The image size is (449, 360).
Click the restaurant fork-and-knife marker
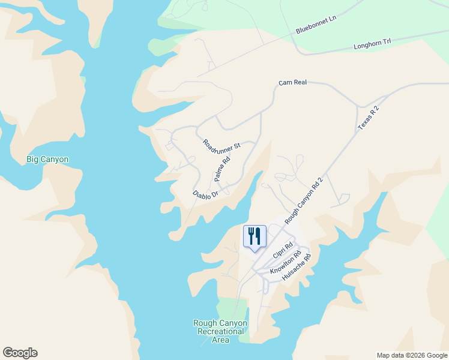(255, 236)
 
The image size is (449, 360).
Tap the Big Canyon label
(47, 160)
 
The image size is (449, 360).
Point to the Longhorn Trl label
(372, 44)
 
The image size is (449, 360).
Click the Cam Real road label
(293, 82)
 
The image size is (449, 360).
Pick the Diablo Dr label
(205, 194)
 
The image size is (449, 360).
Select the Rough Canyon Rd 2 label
(304, 201)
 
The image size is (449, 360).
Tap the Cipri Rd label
(283, 250)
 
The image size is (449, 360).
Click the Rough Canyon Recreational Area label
(220, 331)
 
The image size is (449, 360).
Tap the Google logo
(20, 353)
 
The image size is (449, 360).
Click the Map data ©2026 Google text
(412, 355)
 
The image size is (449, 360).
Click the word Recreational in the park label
(220, 331)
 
